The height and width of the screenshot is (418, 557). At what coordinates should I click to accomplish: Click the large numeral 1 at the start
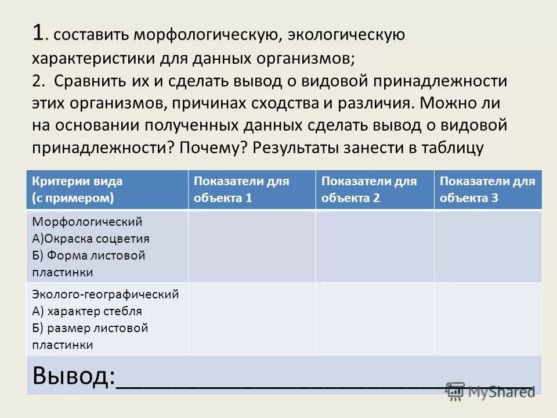pos(38,33)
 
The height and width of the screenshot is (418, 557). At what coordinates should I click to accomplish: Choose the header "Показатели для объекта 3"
pos(487,189)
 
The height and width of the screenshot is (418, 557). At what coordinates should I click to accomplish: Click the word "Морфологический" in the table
pos(87,222)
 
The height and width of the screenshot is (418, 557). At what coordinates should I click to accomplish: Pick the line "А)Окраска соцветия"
pos(91,239)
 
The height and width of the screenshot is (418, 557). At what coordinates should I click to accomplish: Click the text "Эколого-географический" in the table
pos(105,294)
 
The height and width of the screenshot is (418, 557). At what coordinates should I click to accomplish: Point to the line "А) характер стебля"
pos(87,311)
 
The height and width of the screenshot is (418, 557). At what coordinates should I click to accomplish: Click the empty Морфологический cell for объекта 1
pos(251,246)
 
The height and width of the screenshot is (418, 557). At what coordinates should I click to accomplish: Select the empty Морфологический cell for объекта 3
pos(487,246)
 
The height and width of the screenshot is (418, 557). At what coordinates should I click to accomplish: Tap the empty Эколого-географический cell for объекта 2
pos(375,318)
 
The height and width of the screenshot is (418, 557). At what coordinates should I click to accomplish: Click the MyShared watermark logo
pos(491,391)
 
